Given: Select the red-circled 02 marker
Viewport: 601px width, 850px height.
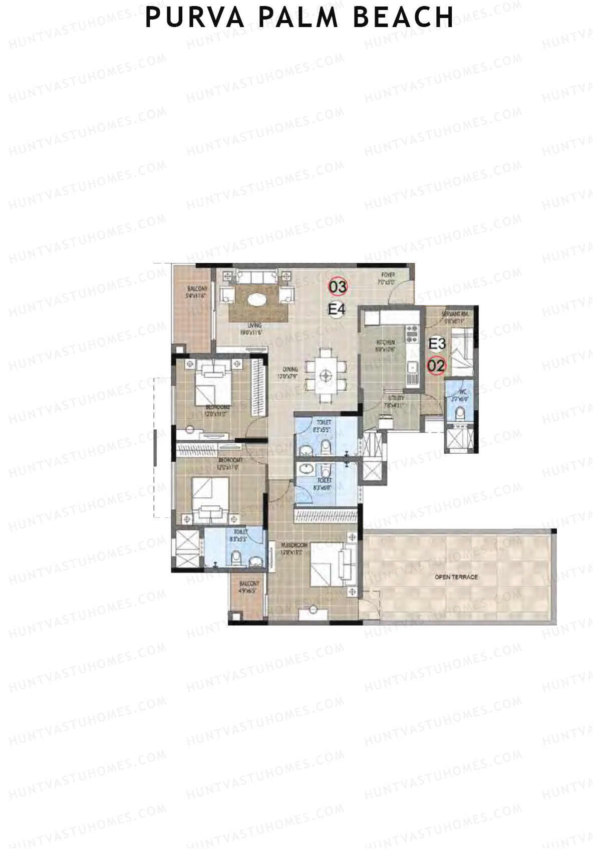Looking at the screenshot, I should (x=436, y=365).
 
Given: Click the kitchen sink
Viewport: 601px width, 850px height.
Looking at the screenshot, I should (x=413, y=369).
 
